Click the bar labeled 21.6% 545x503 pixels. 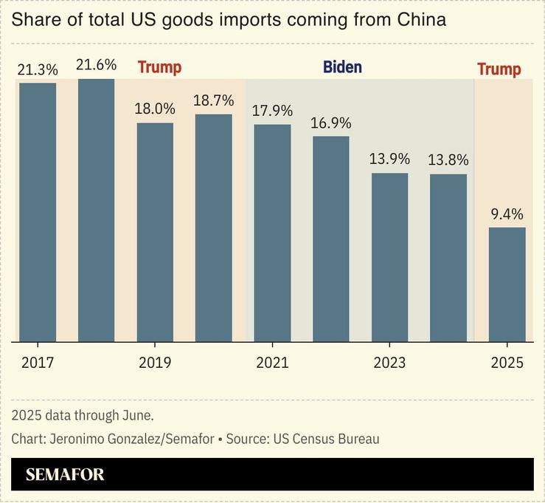point(97,211)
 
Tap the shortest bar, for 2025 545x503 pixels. point(507,284)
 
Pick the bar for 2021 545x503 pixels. point(272,233)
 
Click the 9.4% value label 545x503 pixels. point(507,215)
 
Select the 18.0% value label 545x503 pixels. point(155,109)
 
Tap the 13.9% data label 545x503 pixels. point(389,159)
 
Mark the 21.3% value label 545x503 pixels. point(38,69)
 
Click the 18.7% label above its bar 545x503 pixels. point(213,100)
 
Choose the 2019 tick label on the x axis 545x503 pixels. point(154,363)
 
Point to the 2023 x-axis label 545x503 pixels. point(389,363)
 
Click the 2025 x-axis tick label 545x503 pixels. point(507,363)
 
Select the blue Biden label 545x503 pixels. point(342,68)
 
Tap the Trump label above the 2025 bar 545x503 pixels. point(499,69)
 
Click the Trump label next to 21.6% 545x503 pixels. point(159,68)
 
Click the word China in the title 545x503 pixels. point(420,19)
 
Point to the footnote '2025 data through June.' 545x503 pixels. point(83,415)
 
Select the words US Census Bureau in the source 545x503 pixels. point(326,439)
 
